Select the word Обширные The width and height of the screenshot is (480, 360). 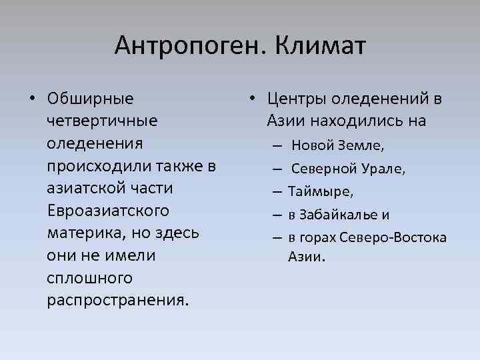coord(91,99)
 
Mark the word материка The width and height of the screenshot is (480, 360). coord(80,234)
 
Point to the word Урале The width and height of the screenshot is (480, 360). coord(384,169)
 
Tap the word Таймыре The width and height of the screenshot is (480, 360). coord(321,192)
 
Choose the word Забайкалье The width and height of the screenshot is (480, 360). coord(335,215)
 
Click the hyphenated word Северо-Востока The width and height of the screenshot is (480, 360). coord(393,238)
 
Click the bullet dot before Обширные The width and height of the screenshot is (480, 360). coord(31,99)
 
